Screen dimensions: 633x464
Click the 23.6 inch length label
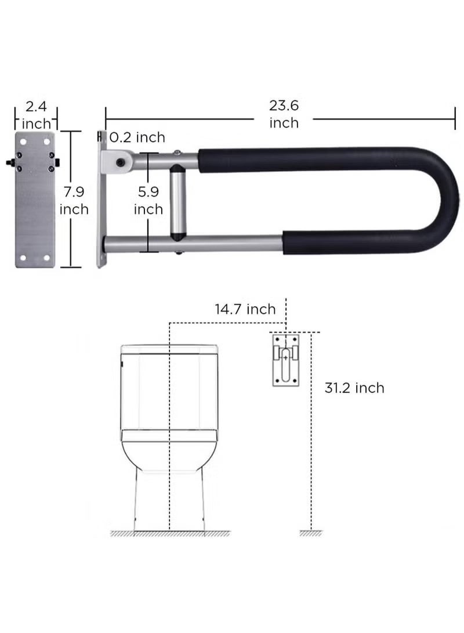pyautogui.click(x=284, y=114)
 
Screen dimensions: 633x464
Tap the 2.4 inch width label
pyautogui.click(x=36, y=115)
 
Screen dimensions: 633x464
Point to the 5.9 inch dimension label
pyautogui.click(x=148, y=200)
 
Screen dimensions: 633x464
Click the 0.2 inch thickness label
pyautogui.click(x=137, y=138)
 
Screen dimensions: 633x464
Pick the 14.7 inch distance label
pyautogui.click(x=245, y=309)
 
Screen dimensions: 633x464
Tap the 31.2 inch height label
pyautogui.click(x=354, y=388)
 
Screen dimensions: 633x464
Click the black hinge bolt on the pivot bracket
pyautogui.click(x=121, y=162)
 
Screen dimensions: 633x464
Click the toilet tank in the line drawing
pyautogui.click(x=169, y=386)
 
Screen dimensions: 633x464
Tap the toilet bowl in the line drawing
pyautogui.click(x=169, y=447)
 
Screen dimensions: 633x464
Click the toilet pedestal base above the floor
pyautogui.click(x=169, y=499)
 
